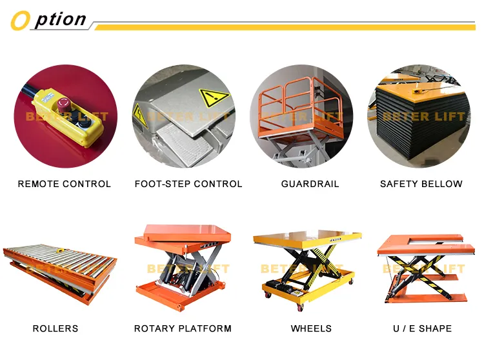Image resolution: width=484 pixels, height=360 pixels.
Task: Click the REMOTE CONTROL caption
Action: [x=65, y=184]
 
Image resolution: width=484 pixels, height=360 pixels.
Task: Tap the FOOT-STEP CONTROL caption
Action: [x=188, y=184]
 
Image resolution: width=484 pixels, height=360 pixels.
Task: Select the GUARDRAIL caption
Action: [x=310, y=184]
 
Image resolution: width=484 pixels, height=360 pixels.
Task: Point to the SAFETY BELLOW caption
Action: [x=421, y=184]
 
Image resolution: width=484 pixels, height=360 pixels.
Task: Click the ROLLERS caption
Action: [x=55, y=328]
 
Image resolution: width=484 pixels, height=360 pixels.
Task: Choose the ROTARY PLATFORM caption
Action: [x=183, y=328]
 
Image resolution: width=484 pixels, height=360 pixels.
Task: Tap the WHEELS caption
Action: [x=311, y=328]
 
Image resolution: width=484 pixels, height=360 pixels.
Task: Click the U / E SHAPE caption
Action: [x=422, y=328]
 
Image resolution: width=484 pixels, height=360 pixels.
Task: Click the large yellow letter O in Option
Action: [x=21, y=21]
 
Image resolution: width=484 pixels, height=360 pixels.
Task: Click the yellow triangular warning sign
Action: [x=214, y=99]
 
